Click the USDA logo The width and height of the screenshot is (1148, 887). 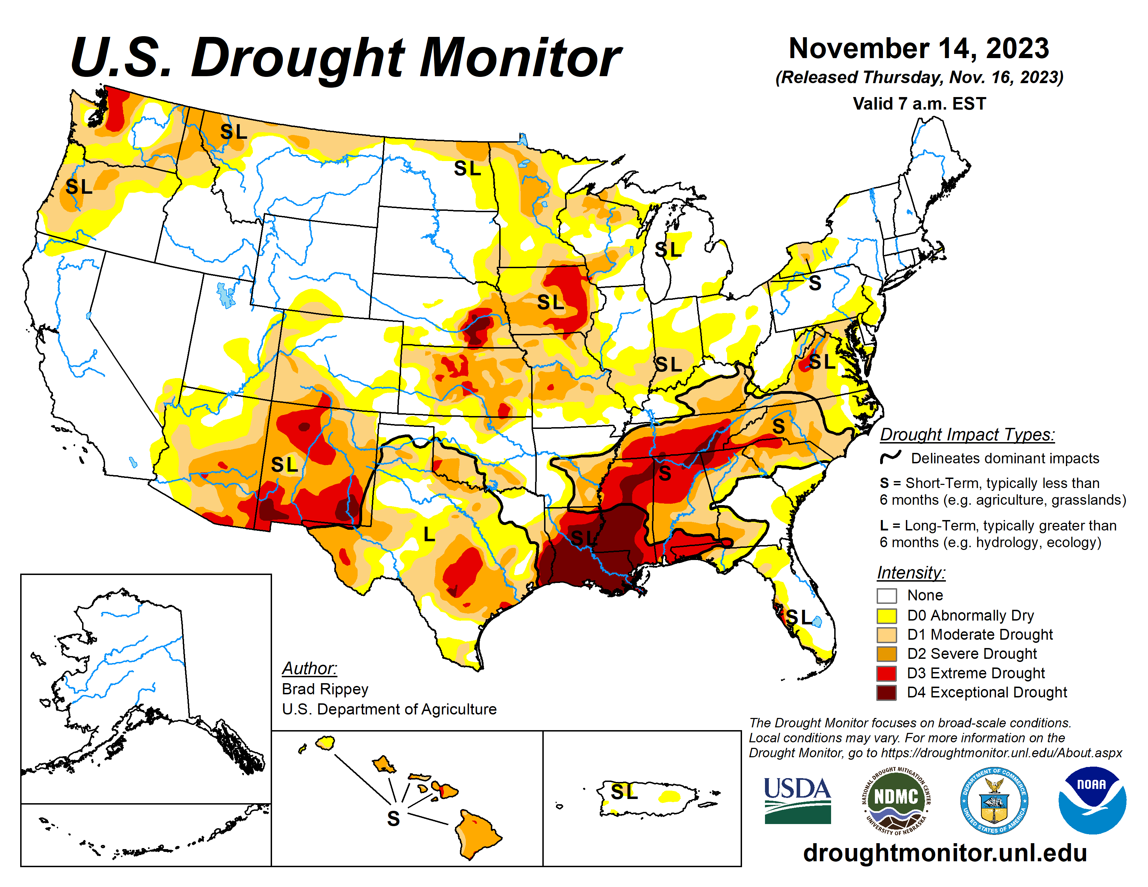tap(797, 800)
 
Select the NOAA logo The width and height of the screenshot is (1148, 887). tap(1092, 800)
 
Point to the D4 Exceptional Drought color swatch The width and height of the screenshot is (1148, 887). tap(886, 693)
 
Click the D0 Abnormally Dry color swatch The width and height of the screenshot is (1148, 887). tap(886, 615)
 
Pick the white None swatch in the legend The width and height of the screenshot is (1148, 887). tap(886, 596)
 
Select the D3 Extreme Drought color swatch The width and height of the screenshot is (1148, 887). tap(886, 673)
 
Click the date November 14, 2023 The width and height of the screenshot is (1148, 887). tap(919, 49)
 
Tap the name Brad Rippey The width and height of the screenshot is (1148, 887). tap(325, 689)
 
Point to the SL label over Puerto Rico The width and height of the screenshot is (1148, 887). tap(624, 791)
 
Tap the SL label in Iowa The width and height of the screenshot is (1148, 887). tap(550, 302)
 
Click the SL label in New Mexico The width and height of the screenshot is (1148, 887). tap(284, 464)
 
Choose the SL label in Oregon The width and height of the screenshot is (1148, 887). tap(79, 186)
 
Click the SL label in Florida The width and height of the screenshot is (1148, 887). tap(799, 617)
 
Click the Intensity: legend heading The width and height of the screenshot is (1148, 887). tap(911, 572)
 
